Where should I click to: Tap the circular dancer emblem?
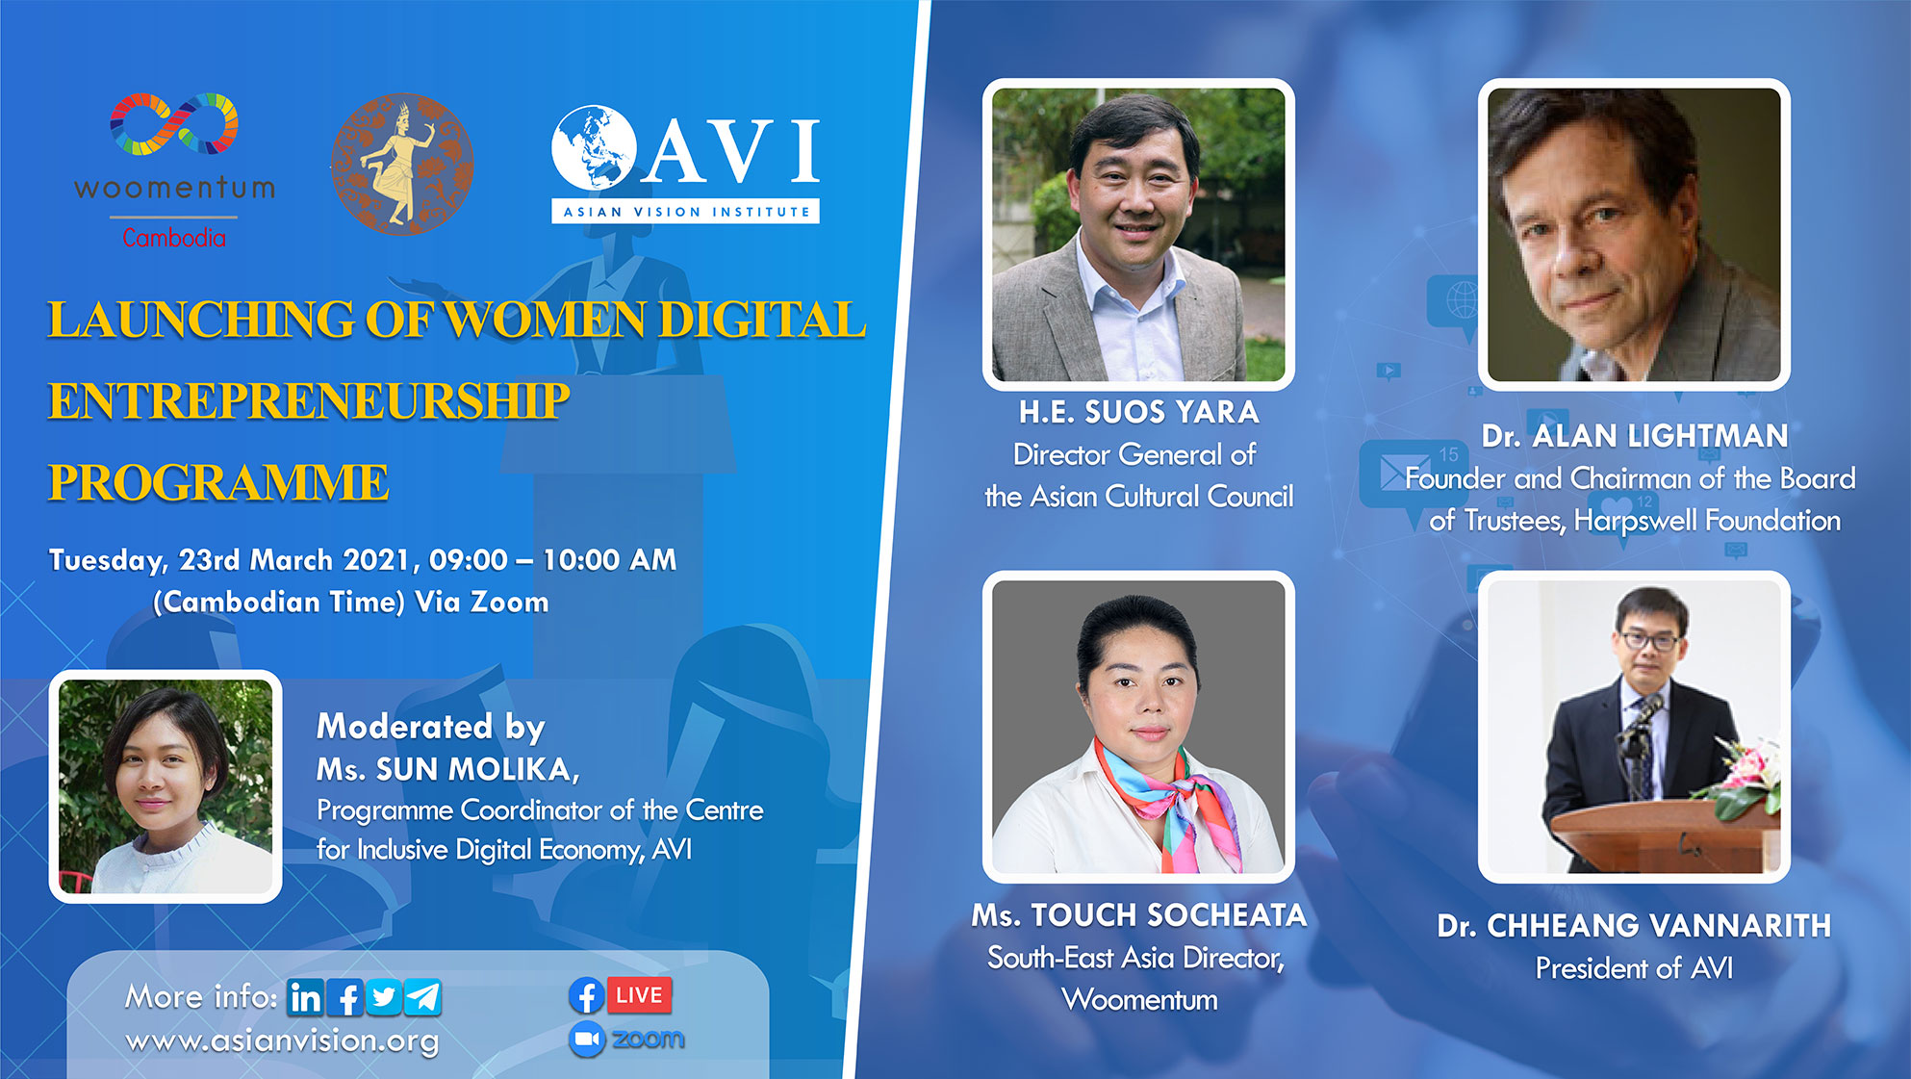402,165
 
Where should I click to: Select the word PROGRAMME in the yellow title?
218,482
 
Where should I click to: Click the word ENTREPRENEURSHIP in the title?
309,400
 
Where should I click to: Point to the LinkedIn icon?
306,997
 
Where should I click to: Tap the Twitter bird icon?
383,997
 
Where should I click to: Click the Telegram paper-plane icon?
422,997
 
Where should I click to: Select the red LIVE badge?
639,995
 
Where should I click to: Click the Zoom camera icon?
586,1040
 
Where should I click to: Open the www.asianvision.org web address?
282,1041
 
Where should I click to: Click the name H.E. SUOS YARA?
1139,412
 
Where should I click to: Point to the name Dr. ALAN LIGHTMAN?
1635,436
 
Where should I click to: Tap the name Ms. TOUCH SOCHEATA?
1139,915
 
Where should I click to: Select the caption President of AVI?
1634,968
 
